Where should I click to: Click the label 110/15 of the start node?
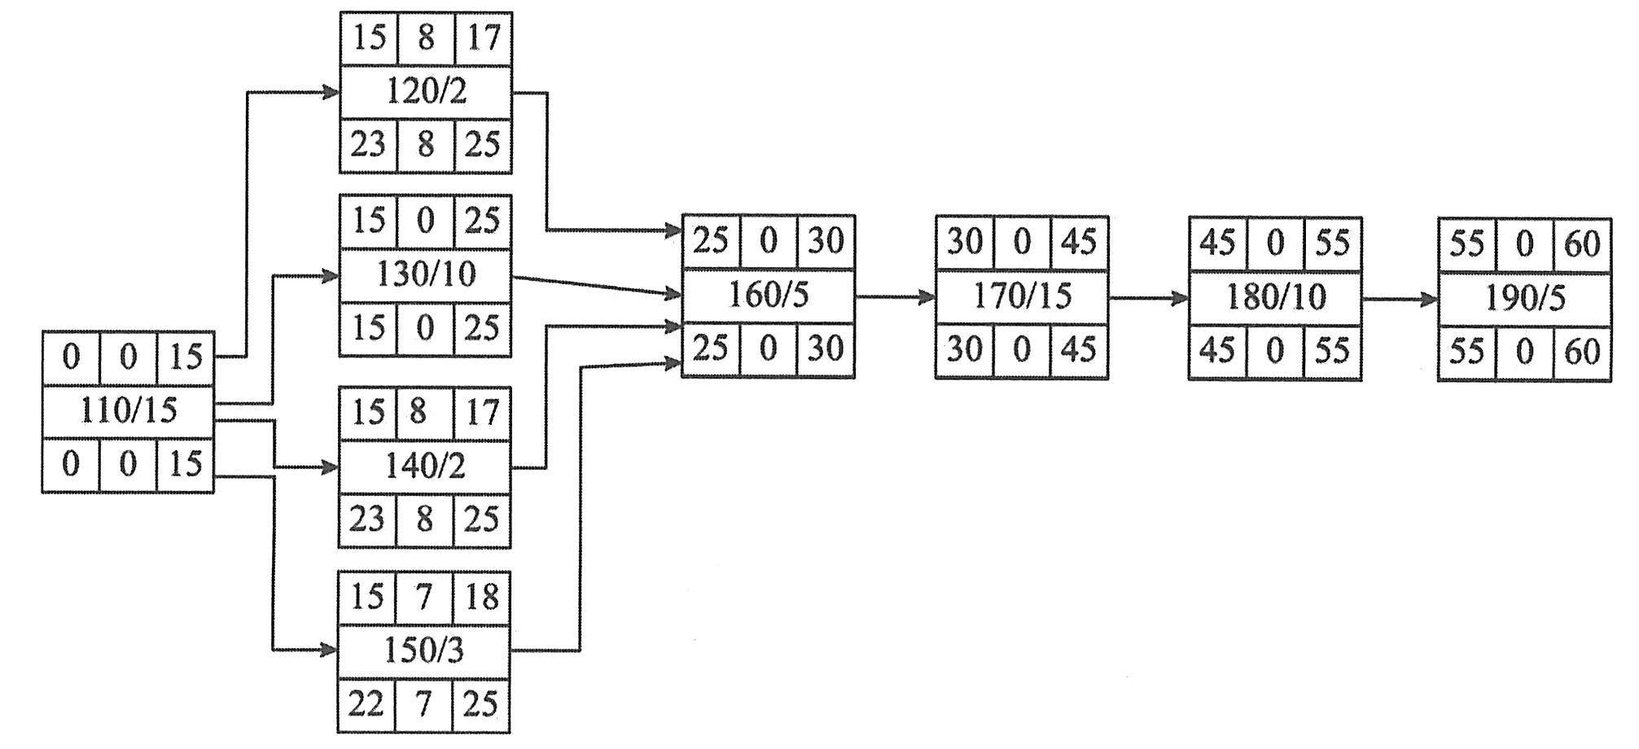[x=128, y=410]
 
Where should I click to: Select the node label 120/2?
[x=426, y=91]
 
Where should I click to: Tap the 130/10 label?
[x=426, y=274]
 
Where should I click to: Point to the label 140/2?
[x=425, y=466]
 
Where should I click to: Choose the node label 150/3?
[x=423, y=650]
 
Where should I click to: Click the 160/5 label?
[x=768, y=295]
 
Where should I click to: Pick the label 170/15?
[x=1022, y=296]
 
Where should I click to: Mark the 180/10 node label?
[x=1275, y=297]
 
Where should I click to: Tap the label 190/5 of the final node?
[x=1524, y=299]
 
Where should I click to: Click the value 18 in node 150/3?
[x=481, y=597]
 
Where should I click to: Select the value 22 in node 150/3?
[x=366, y=703]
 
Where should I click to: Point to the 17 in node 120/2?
[x=484, y=37]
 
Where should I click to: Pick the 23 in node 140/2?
[x=366, y=519]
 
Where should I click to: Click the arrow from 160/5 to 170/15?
[x=895, y=297]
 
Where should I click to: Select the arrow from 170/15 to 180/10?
[x=1148, y=298]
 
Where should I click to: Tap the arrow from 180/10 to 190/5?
[x=1400, y=300]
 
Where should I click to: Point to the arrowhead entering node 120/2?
[x=331, y=92]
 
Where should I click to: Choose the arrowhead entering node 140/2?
[x=330, y=467]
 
